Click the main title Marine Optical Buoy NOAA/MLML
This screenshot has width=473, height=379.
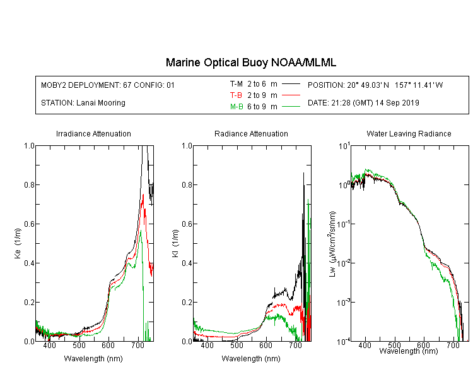click(250, 63)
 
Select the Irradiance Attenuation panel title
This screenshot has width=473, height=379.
click(93, 134)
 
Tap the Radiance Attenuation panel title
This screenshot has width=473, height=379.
click(251, 134)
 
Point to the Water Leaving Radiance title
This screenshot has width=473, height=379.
click(409, 134)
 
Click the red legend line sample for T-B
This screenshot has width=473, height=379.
click(291, 95)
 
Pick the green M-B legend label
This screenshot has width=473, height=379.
click(237, 107)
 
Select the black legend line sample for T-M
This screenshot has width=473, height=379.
click(291, 84)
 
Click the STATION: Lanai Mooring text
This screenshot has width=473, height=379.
click(83, 103)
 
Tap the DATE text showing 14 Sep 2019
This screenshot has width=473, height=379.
click(363, 103)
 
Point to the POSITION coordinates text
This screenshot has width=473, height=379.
click(375, 85)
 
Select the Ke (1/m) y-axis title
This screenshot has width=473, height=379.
click(18, 244)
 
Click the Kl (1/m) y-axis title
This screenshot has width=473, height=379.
click(175, 244)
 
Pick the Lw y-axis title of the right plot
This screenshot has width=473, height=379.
click(332, 244)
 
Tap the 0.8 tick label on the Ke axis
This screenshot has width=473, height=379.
click(29, 184)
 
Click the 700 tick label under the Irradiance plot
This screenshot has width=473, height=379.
click(137, 346)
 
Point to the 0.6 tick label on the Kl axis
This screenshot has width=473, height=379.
click(187, 224)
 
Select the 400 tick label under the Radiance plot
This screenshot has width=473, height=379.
click(207, 346)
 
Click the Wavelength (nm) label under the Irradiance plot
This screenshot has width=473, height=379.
click(93, 359)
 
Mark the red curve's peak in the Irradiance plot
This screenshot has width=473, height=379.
click(143, 195)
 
